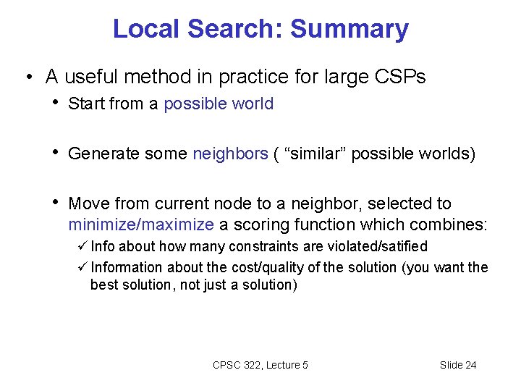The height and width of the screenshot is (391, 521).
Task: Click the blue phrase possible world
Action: [x=219, y=104]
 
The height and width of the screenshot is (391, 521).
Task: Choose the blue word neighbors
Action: [x=230, y=154]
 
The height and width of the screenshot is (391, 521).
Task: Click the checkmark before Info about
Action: [x=82, y=247]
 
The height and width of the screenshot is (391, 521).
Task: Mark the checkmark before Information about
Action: [x=82, y=267]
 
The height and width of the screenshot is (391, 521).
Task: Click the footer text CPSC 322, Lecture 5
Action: [x=260, y=365]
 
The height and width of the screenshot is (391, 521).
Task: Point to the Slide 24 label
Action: [x=458, y=365]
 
